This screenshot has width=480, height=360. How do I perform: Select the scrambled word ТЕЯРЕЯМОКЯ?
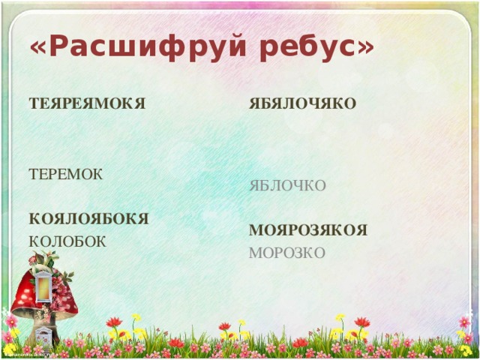[86, 104]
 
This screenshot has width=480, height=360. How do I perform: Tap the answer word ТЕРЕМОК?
[65, 174]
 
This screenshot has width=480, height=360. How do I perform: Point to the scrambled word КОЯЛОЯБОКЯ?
[88, 219]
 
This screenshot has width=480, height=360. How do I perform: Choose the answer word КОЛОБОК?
[67, 241]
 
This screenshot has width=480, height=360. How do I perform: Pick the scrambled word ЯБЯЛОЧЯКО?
[302, 104]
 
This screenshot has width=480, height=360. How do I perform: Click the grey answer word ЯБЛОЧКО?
[287, 185]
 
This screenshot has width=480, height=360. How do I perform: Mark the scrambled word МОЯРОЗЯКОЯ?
[307, 231]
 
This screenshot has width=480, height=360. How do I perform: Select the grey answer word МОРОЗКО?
[287, 253]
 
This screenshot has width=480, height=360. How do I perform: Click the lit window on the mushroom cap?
[46, 285]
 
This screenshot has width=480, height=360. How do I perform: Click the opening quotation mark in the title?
[38, 48]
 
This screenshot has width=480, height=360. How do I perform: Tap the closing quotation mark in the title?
[365, 46]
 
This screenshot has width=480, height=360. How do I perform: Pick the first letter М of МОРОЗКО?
[255, 253]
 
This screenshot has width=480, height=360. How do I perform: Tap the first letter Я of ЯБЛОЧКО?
[254, 185]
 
